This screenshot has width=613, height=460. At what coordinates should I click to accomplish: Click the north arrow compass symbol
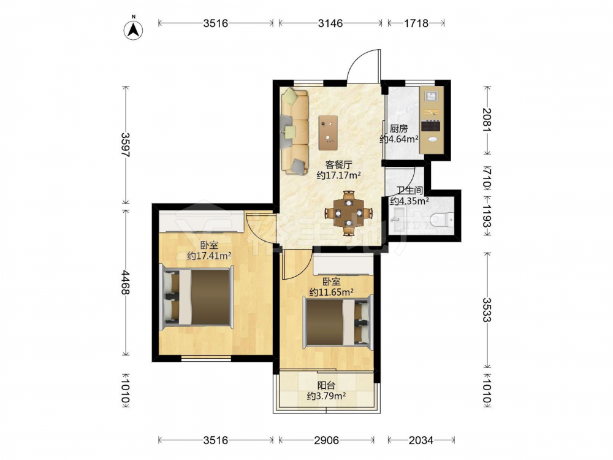click(x=133, y=29)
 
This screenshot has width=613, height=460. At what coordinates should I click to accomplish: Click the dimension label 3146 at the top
click(x=330, y=23)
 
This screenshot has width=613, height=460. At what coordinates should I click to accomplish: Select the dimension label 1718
click(x=416, y=23)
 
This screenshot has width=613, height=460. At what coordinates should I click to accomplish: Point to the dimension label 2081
click(x=487, y=120)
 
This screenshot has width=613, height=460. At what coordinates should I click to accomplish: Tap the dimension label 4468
click(x=126, y=282)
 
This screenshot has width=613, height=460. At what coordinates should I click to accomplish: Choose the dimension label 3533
click(x=487, y=310)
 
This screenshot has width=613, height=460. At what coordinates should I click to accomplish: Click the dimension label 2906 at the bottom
click(x=327, y=440)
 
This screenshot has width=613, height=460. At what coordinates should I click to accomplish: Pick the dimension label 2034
click(x=421, y=440)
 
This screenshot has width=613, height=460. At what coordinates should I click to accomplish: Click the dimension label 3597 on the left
click(x=126, y=145)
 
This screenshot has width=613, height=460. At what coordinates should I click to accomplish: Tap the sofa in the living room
click(x=295, y=131)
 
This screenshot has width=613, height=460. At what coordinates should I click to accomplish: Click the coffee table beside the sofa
click(x=328, y=133)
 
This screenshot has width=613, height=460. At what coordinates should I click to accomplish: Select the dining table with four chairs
click(x=349, y=213)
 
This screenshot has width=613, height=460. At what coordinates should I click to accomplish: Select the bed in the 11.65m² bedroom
click(x=338, y=322)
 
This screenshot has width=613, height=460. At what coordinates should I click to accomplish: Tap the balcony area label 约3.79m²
click(x=327, y=396)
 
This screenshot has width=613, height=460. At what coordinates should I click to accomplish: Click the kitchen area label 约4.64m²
click(x=399, y=139)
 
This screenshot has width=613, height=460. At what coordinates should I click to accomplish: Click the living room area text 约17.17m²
click(x=338, y=175)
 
